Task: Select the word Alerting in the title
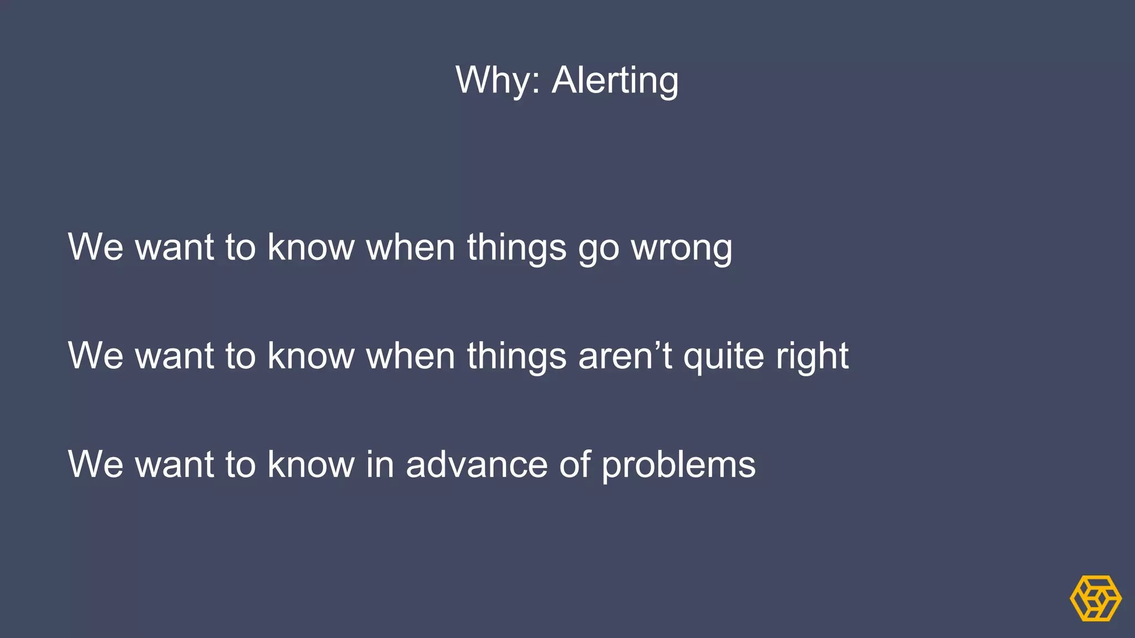click(615, 81)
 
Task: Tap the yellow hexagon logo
click(1096, 598)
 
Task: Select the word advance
click(476, 464)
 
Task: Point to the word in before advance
click(380, 464)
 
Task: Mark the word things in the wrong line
click(517, 248)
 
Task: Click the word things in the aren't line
click(517, 356)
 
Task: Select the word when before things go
click(411, 247)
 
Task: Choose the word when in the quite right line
click(411, 356)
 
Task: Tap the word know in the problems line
click(311, 464)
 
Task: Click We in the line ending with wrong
click(95, 247)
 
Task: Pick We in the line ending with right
click(95, 356)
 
